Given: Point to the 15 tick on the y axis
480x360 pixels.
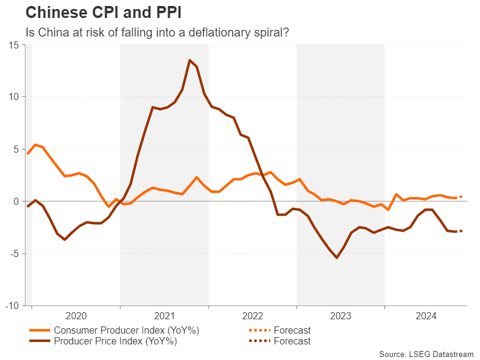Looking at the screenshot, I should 13,44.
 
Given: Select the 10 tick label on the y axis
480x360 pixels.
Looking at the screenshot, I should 13,96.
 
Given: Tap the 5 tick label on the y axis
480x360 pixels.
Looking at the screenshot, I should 15,149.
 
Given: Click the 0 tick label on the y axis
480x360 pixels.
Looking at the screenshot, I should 15,201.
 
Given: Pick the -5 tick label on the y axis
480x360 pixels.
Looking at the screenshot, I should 13,253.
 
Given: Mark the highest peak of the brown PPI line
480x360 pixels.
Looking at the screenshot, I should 189,60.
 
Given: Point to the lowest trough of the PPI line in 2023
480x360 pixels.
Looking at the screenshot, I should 337,258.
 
